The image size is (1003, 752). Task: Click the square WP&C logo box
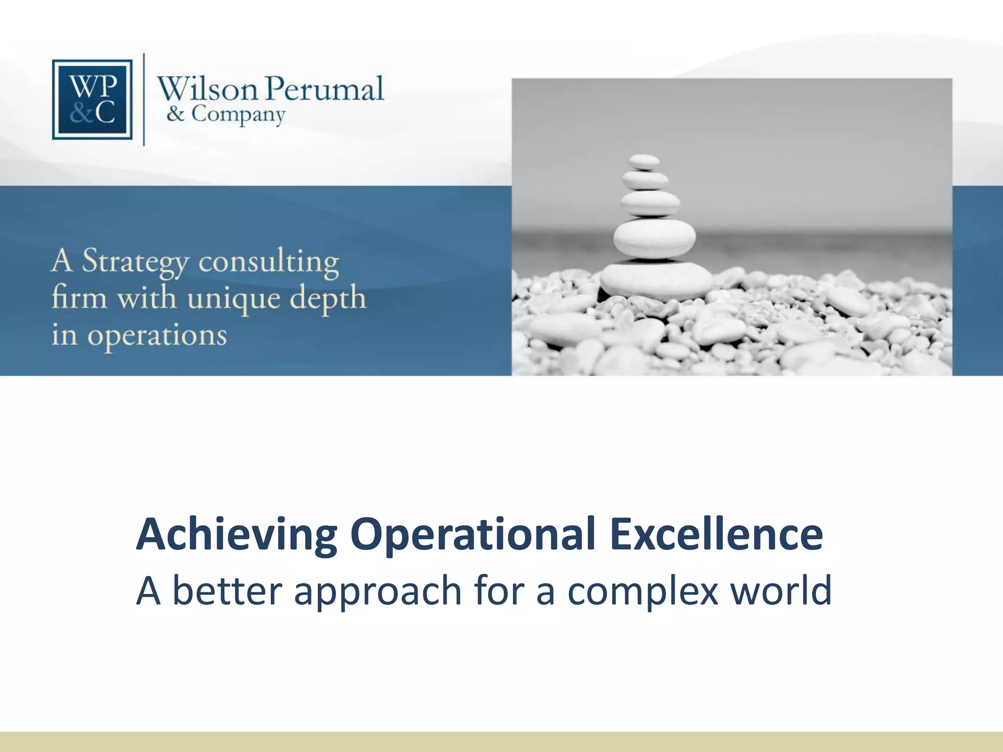(x=92, y=99)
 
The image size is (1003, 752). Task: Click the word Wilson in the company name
(x=207, y=89)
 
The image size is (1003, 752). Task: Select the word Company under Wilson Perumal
(x=238, y=115)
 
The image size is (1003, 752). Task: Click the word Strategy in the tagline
(x=135, y=262)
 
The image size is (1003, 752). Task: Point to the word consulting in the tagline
(x=268, y=261)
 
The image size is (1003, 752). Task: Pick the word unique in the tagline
(x=234, y=299)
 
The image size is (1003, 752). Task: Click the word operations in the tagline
(x=157, y=336)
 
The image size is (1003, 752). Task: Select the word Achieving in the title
(x=237, y=535)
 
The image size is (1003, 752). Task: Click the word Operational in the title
(x=473, y=535)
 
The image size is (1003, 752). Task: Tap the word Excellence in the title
(x=716, y=535)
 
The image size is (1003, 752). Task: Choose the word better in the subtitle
(x=228, y=591)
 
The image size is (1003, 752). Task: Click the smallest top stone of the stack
(x=644, y=162)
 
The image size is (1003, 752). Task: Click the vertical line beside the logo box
(x=143, y=99)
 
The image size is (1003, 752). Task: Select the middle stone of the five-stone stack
(x=650, y=203)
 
